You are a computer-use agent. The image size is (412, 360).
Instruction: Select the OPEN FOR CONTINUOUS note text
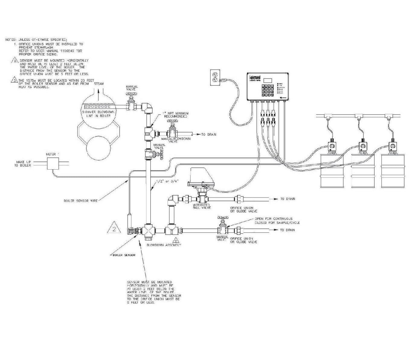pyautogui.click(x=273, y=220)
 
